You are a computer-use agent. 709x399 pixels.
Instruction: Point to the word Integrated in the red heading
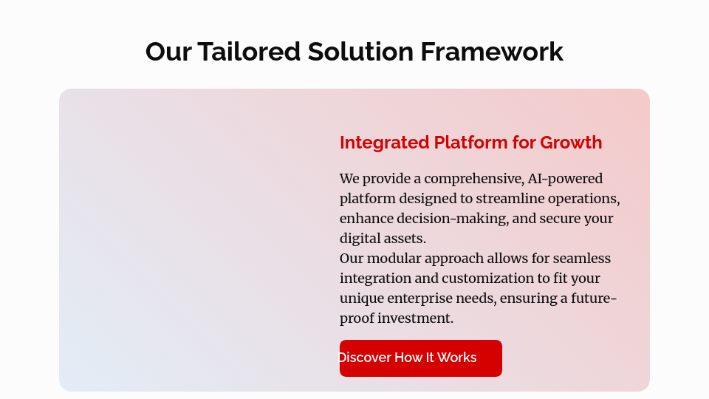(x=384, y=143)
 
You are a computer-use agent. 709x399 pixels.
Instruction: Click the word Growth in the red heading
(x=571, y=143)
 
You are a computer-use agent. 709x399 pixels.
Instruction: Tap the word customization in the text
(x=485, y=279)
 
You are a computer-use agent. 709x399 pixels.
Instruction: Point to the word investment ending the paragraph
(x=415, y=318)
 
